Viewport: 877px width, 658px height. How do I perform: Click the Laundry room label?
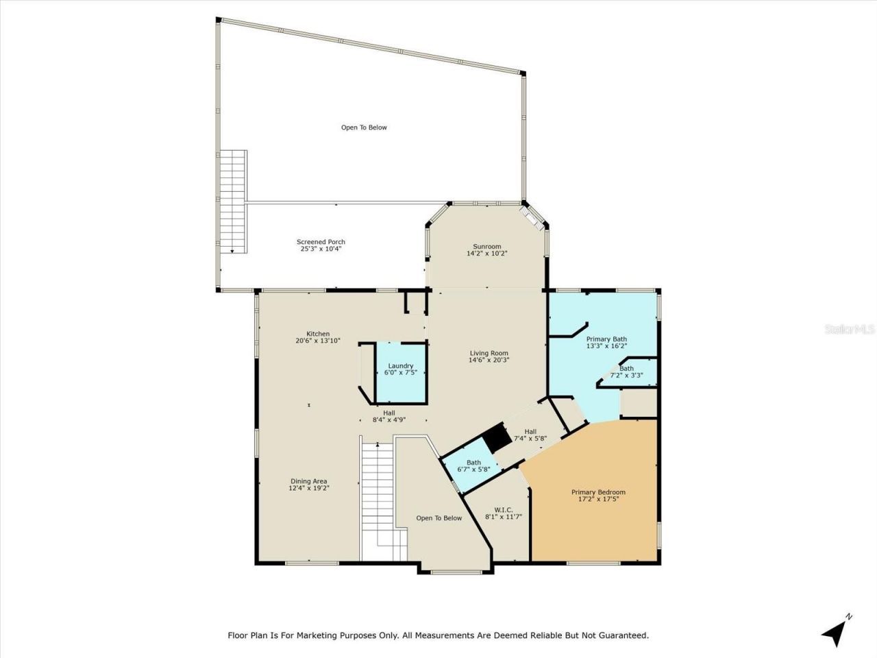[x=401, y=366]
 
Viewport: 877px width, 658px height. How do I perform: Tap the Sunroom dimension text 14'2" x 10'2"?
[x=486, y=254]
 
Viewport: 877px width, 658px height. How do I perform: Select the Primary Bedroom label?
[x=598, y=492]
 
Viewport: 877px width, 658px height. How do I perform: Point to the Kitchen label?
[x=317, y=334]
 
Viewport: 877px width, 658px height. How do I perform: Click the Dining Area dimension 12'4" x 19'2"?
[x=310, y=488]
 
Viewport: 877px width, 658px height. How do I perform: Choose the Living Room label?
[x=489, y=353]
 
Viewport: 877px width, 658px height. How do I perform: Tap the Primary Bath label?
[x=606, y=339]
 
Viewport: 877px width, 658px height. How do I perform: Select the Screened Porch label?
[x=321, y=242]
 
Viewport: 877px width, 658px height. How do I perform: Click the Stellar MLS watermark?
[x=849, y=330]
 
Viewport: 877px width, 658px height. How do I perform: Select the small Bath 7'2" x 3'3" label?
[x=626, y=368]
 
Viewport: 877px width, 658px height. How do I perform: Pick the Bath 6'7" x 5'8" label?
[x=473, y=463]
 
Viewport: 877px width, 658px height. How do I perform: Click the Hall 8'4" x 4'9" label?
[x=389, y=413]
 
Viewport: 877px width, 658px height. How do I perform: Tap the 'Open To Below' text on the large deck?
[x=364, y=127]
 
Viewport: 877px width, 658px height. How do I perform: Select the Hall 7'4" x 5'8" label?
[x=530, y=431]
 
